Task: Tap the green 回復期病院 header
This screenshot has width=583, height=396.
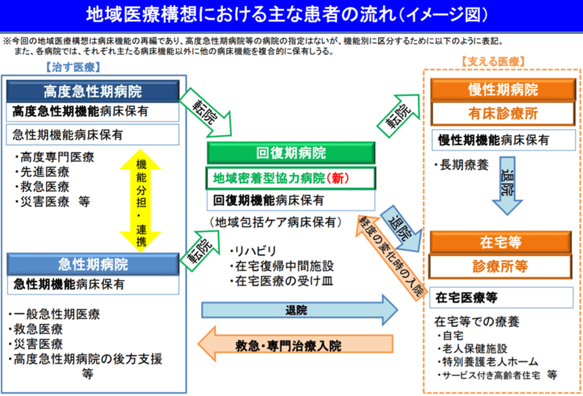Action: pos(291,153)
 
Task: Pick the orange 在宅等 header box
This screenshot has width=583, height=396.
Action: pos(501,242)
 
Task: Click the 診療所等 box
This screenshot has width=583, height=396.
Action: pos(501,266)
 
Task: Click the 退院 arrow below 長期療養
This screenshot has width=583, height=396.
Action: pos(507,185)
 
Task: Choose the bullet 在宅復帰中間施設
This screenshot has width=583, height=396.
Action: pos(282,266)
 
